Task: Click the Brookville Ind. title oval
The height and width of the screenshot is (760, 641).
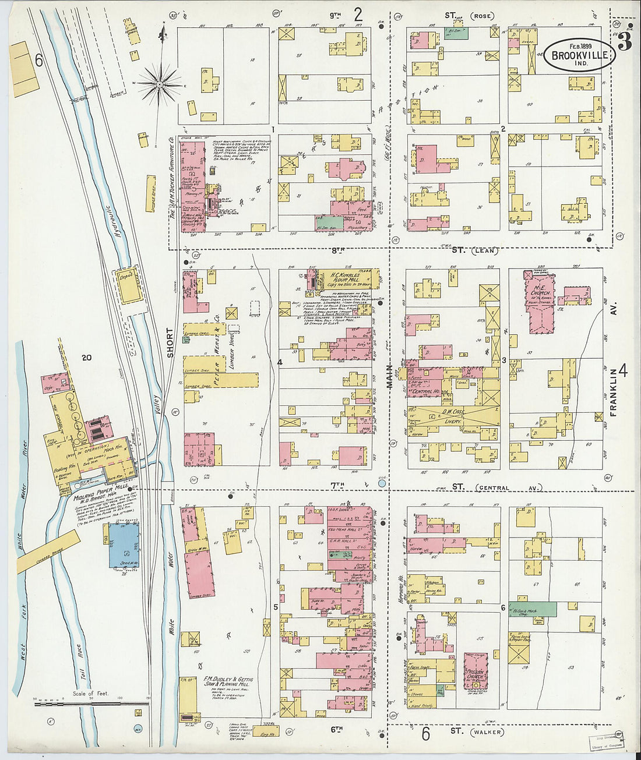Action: coord(579,56)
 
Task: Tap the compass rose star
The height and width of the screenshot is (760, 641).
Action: coord(159,85)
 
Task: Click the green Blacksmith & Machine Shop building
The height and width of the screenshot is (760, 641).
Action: coord(532,609)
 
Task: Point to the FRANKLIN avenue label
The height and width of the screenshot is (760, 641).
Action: coord(613,391)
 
